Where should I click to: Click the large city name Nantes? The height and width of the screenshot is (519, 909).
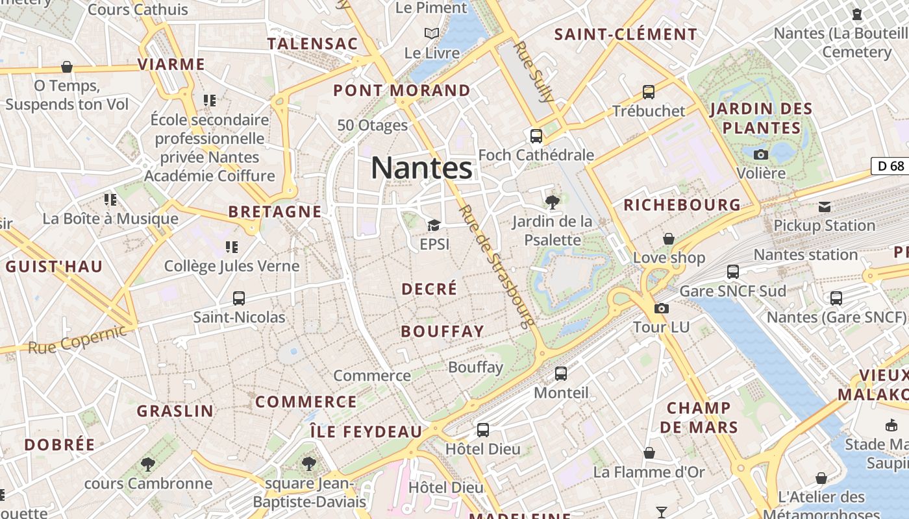tap(421, 169)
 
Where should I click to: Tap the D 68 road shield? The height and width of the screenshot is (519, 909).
tap(890, 166)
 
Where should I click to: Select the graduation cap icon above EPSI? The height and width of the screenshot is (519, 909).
tap(434, 225)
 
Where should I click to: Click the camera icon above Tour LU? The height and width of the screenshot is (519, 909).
tap(661, 308)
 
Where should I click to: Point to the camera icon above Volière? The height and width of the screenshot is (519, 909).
tap(761, 154)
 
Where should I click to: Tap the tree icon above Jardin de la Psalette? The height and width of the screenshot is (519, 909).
tap(552, 202)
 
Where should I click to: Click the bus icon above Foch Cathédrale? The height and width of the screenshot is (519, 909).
tap(536, 136)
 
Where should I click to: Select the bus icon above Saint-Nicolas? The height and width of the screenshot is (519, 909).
tap(239, 298)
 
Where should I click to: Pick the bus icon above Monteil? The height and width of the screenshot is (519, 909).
tap(561, 374)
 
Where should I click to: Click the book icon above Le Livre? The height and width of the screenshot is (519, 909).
tap(432, 33)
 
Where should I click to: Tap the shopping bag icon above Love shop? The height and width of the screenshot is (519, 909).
tap(669, 239)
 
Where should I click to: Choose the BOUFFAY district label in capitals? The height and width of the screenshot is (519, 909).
tap(442, 332)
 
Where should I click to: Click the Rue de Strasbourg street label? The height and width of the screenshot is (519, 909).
tap(496, 266)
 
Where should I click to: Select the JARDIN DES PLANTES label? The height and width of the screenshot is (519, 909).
tap(761, 118)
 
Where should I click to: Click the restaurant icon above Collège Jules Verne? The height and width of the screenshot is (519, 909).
tap(231, 247)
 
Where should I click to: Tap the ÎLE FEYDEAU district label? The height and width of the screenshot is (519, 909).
tap(366, 431)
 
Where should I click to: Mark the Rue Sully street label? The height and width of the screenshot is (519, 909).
tap(533, 72)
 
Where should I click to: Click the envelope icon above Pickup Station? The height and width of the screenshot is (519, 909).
tap(825, 207)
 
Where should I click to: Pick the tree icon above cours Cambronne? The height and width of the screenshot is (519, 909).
tap(148, 464)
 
